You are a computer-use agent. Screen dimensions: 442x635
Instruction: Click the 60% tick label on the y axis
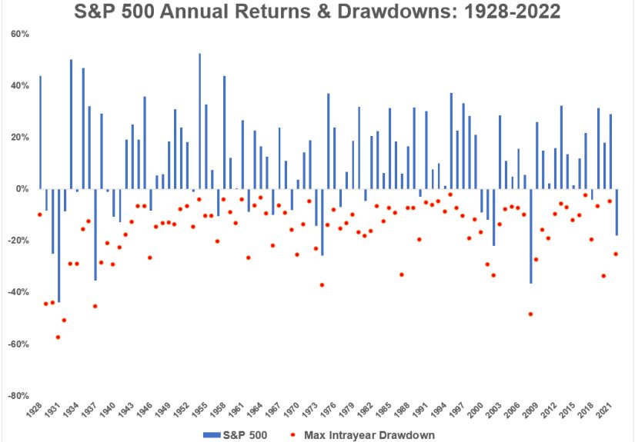18,35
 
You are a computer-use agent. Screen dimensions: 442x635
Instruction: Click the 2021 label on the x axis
607,411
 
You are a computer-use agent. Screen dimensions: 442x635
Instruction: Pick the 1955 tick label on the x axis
202,411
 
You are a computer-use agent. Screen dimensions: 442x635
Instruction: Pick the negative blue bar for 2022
617,212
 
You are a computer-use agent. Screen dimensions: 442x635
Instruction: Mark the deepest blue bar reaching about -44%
58,245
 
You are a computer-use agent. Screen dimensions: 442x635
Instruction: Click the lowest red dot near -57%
58,337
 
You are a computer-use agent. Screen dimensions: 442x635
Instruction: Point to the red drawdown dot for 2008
530,314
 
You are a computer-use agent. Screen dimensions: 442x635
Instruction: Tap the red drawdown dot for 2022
616,254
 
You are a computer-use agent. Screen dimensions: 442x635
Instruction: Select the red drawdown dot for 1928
40,214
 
